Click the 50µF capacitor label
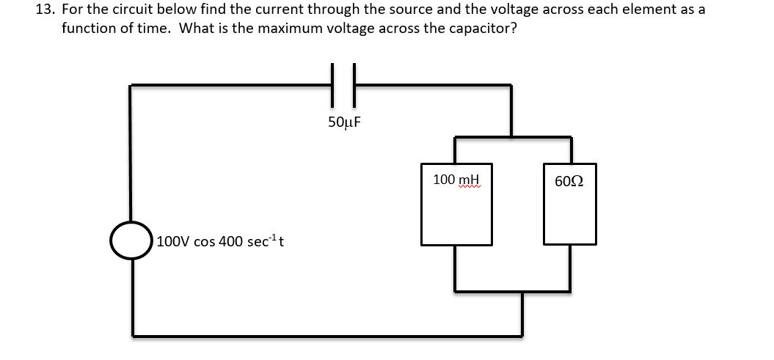tap(345, 121)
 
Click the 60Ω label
tap(569, 180)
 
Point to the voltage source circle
tap(131, 240)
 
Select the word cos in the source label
tap(205, 240)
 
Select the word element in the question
tap(662, 10)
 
